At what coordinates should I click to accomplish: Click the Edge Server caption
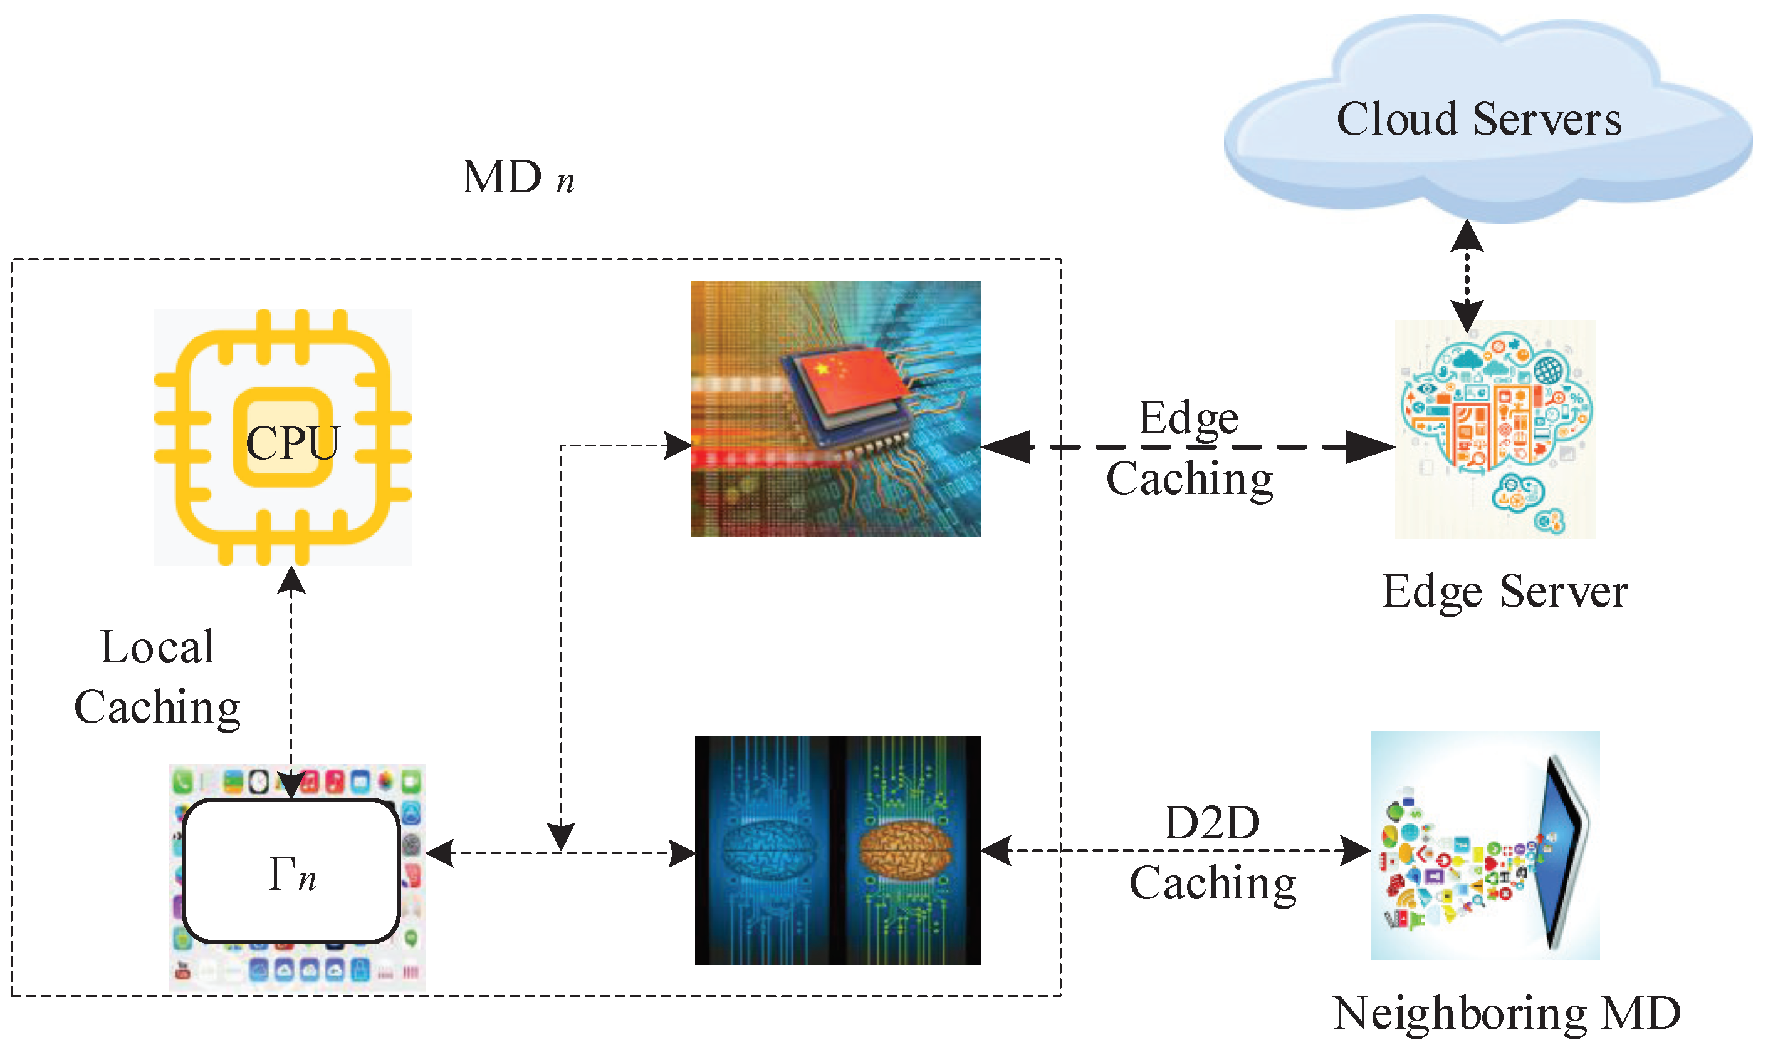pos(1504,592)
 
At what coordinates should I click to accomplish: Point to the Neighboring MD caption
pos(1507,1014)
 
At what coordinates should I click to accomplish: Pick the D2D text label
pos(1211,823)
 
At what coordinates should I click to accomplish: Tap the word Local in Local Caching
pos(157,646)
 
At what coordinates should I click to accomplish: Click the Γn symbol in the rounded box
pos(291,875)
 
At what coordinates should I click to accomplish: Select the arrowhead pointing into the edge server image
pos(1370,446)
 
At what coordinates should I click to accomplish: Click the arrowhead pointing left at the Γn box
pos(440,853)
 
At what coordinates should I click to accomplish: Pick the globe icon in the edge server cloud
pos(1548,369)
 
